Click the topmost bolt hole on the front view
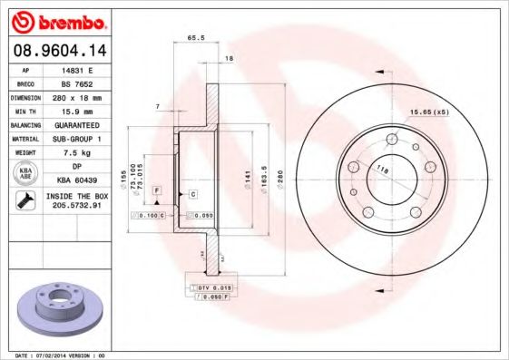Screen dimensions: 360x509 coord(392,139)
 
